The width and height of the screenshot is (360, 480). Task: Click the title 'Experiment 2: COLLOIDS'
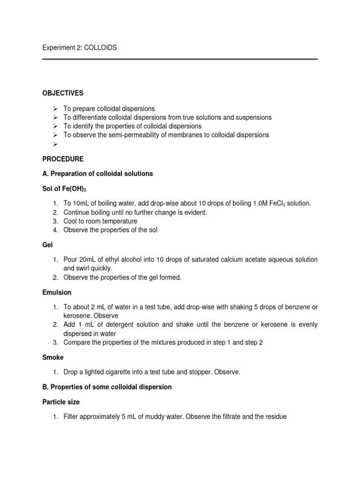click(x=80, y=48)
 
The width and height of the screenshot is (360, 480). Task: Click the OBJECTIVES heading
click(x=63, y=93)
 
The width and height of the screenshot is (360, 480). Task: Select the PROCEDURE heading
click(x=63, y=159)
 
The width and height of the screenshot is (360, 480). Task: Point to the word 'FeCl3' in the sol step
click(x=275, y=203)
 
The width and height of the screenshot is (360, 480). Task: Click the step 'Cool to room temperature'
click(x=100, y=221)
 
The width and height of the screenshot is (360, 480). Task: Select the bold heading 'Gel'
click(x=47, y=245)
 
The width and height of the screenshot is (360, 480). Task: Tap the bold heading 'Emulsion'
click(x=57, y=292)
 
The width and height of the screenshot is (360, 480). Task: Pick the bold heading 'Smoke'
click(x=53, y=357)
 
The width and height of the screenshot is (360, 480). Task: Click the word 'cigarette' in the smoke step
click(x=118, y=372)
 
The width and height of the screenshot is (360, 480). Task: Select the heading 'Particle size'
click(x=61, y=402)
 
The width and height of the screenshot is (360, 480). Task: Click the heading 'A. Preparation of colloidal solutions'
click(x=97, y=173)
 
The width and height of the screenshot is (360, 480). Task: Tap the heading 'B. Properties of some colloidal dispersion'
click(x=107, y=387)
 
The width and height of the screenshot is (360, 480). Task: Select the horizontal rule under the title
click(x=180, y=59)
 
